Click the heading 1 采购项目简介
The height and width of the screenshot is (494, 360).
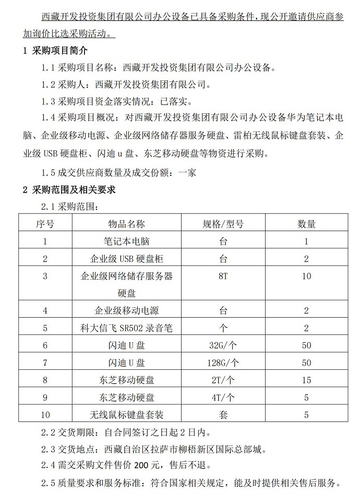pos(55,51)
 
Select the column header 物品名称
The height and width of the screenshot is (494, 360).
pos(127,224)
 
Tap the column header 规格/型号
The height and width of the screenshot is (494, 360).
pos(223,224)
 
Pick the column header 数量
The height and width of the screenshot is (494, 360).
pos(306,224)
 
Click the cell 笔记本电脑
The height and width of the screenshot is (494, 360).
pos(127,242)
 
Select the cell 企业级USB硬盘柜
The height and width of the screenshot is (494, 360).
pos(127,259)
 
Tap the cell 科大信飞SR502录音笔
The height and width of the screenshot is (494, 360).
pos(127,328)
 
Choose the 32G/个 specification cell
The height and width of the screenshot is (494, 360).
pos(223,345)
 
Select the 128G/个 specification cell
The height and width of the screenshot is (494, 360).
pos(223,363)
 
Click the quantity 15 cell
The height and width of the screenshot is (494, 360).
pos(306,380)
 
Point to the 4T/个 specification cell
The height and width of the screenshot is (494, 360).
pos(223,397)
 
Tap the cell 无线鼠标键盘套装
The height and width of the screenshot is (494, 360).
pos(127,415)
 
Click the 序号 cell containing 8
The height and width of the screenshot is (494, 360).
pos(45,380)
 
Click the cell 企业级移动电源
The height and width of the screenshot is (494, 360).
pos(127,311)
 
